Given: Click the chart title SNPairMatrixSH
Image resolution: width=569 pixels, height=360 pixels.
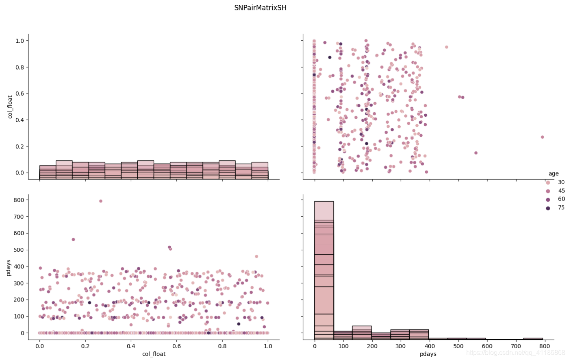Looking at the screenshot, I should point(260,8).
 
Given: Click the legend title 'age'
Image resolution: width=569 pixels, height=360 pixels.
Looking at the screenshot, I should point(553,174).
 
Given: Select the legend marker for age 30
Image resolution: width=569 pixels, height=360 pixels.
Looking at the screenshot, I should point(548,182).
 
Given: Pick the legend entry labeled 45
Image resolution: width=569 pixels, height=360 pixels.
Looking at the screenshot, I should point(561,191).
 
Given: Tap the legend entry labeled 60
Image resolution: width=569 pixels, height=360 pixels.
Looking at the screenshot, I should point(561,199).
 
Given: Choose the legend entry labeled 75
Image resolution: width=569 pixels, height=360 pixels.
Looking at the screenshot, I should point(561,208).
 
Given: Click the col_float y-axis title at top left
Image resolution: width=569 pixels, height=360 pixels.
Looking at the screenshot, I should point(10,107).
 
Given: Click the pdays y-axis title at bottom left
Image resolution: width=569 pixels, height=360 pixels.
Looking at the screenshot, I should point(9,267).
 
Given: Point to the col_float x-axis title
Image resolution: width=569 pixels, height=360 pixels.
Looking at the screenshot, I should point(154,354).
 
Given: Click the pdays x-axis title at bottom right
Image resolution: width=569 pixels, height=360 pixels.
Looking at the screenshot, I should point(428,354).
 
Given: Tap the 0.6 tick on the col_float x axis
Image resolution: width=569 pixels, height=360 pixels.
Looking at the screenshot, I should point(176,346).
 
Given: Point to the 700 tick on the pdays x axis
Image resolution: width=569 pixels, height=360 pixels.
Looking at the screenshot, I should point(516,346).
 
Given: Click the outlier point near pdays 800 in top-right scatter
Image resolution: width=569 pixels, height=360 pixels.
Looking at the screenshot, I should point(542,137).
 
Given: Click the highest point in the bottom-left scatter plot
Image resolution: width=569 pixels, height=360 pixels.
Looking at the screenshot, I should point(101,201).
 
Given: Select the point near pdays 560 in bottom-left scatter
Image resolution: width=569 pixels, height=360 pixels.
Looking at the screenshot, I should point(73,240).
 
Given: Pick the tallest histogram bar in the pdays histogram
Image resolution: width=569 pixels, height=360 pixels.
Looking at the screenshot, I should point(324,268).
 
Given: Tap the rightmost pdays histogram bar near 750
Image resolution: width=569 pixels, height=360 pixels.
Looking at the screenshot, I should point(533,338).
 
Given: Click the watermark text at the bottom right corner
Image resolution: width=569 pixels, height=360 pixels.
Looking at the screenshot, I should point(515,353).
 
